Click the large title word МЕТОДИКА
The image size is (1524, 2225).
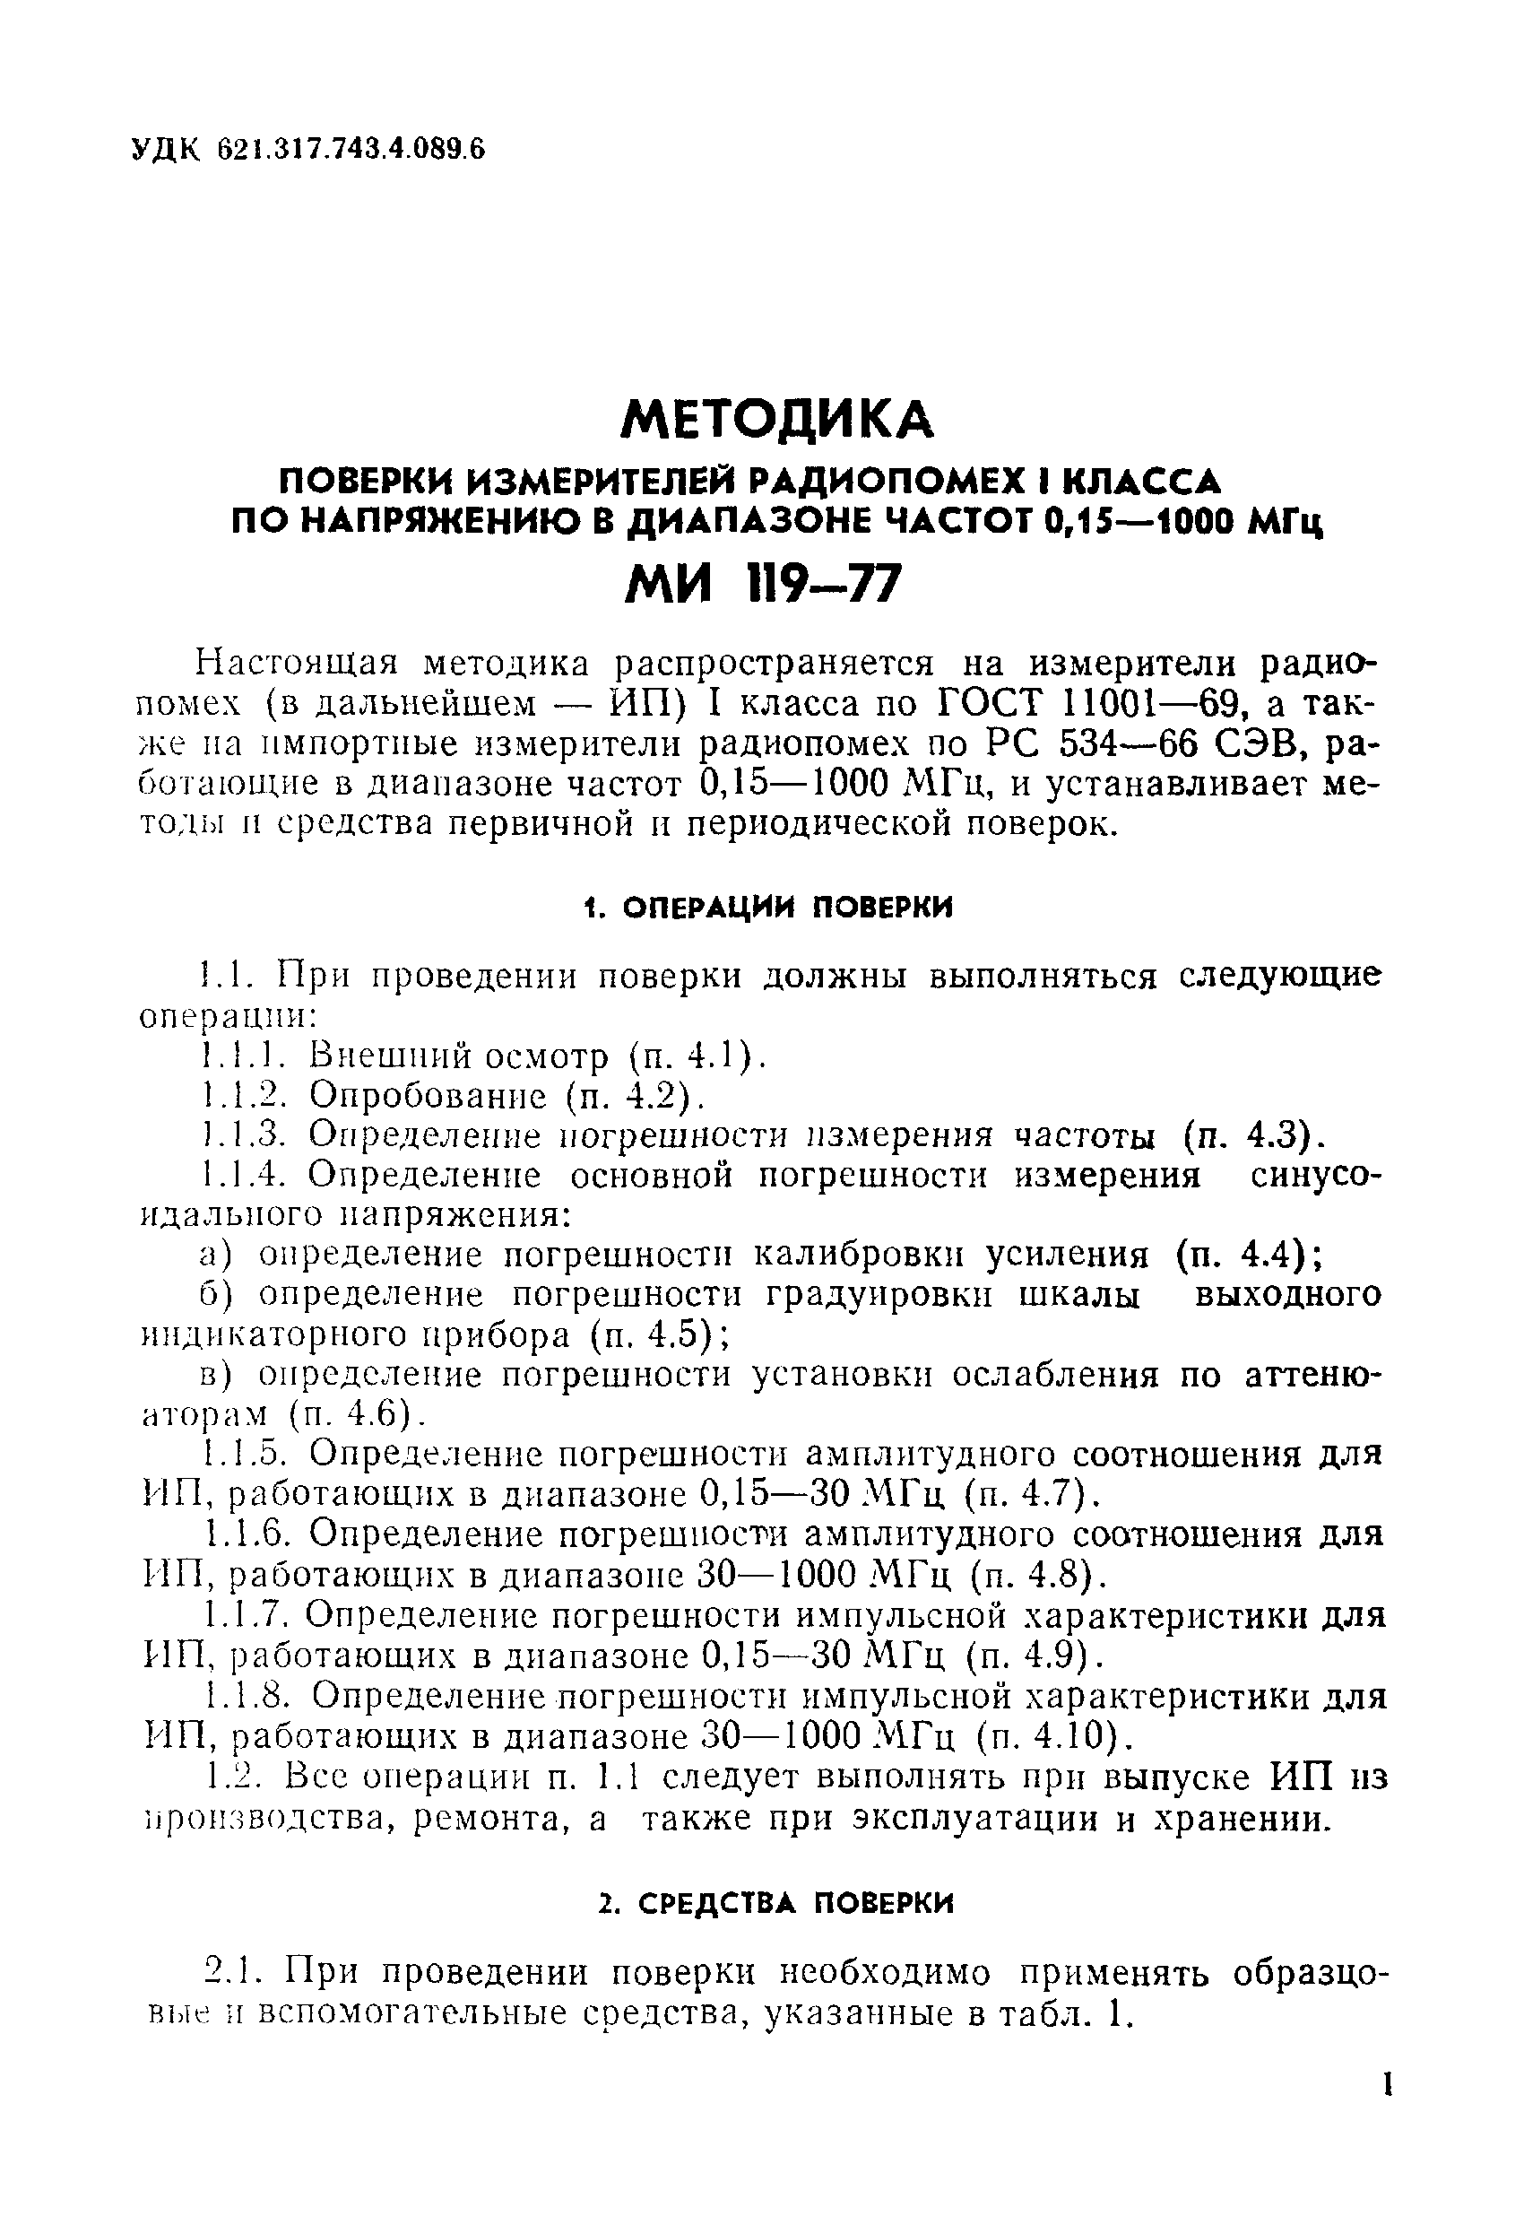[x=776, y=419]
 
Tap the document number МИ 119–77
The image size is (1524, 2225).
[x=763, y=583]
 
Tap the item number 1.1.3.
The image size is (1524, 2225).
[x=245, y=1135]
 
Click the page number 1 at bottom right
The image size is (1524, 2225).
[x=1385, y=2112]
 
